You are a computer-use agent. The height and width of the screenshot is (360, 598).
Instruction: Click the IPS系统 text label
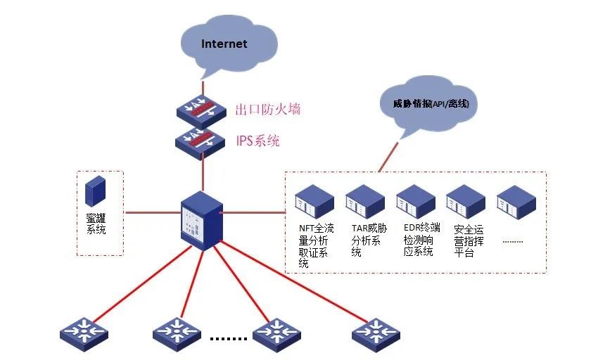(257, 141)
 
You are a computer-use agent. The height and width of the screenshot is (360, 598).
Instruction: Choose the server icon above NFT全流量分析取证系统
(314, 201)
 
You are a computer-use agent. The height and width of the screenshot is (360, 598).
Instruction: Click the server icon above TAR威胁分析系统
(365, 201)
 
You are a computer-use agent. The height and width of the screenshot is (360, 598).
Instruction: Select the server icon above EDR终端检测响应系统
(416, 201)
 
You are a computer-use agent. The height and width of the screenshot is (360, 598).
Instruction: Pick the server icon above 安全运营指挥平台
(466, 201)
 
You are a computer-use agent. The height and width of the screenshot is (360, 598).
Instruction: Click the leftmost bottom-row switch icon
(83, 330)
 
